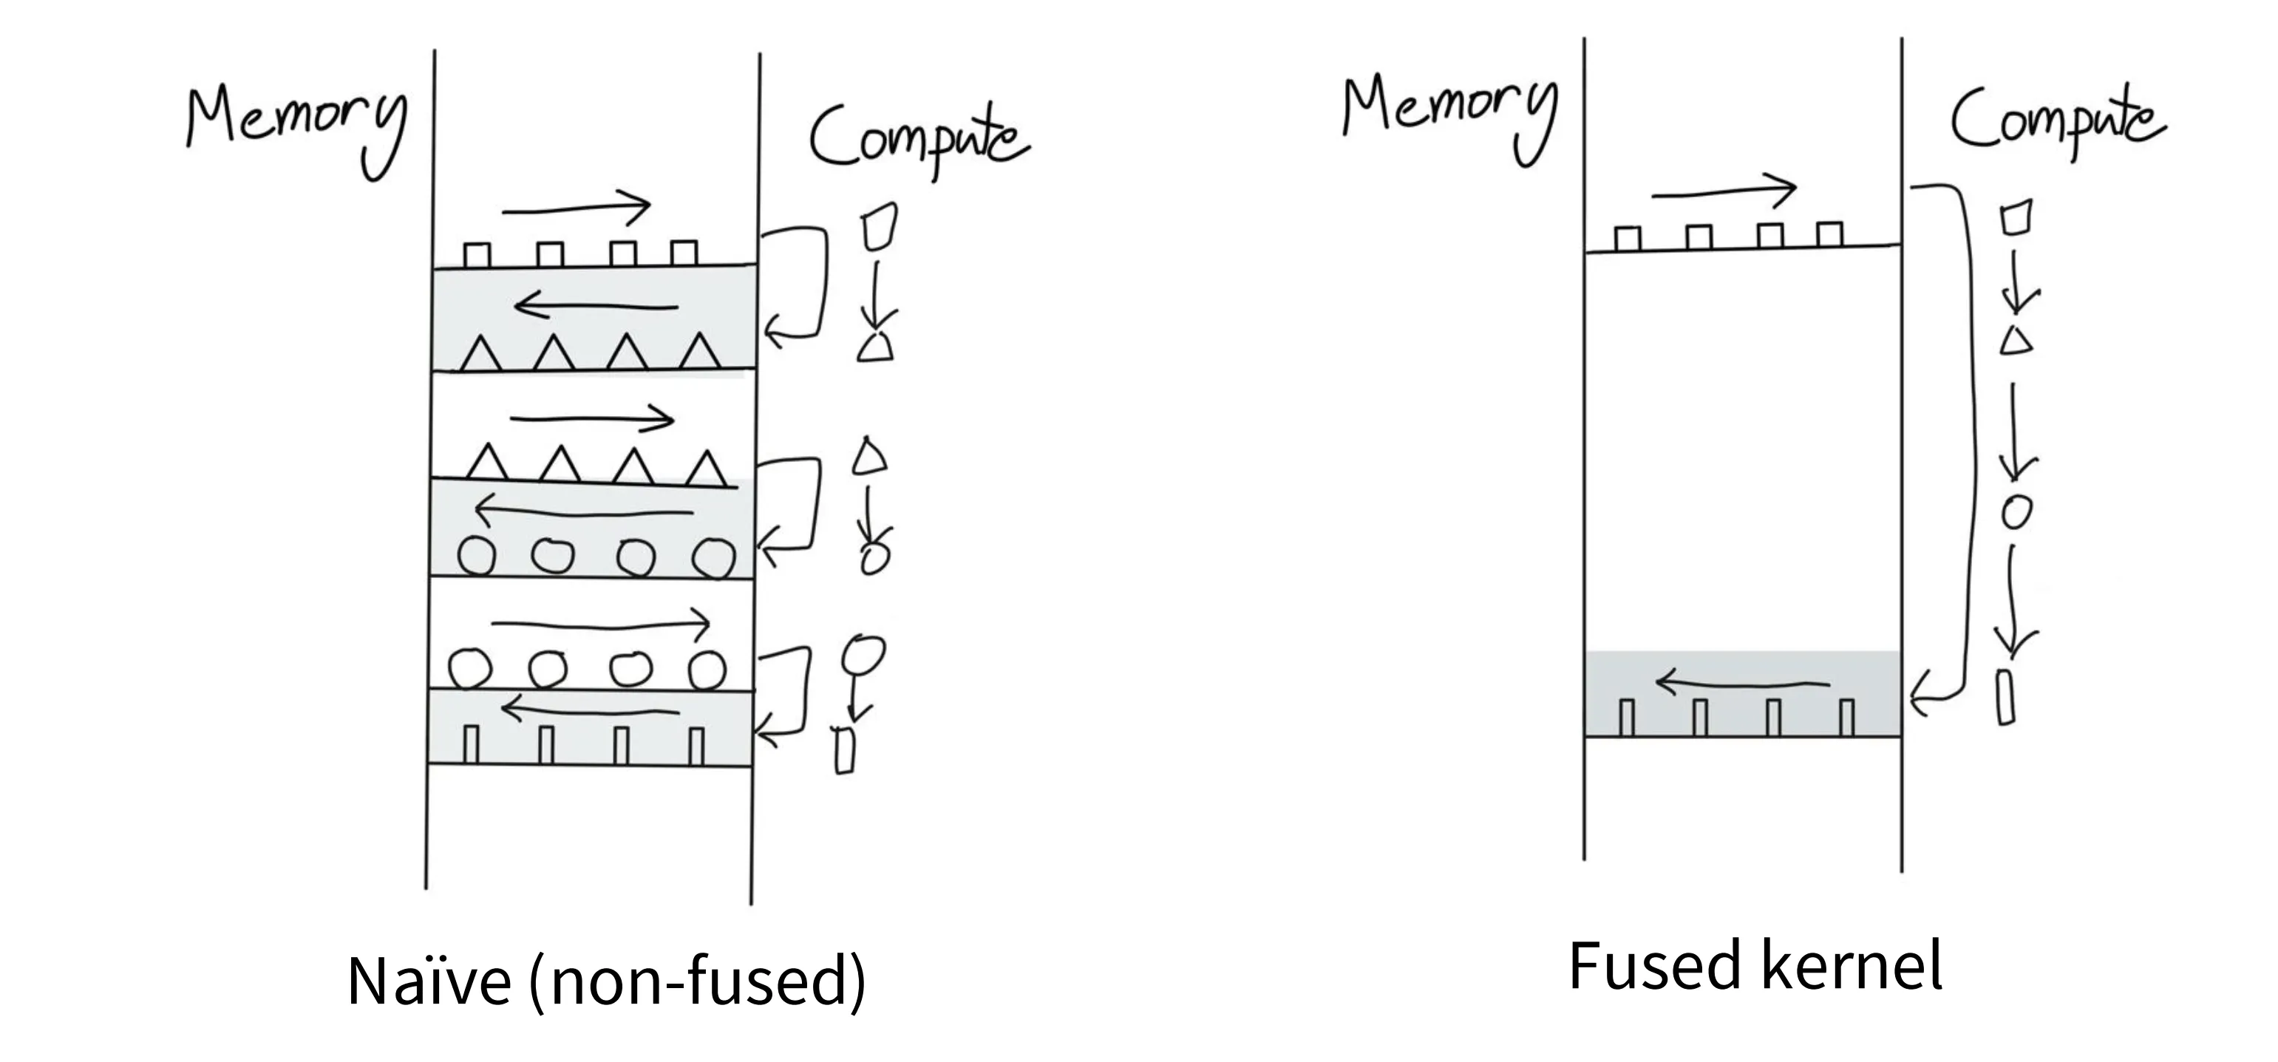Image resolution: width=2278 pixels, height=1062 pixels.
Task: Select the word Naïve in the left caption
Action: click(x=429, y=981)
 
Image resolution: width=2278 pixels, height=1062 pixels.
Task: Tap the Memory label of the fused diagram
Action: click(x=1450, y=120)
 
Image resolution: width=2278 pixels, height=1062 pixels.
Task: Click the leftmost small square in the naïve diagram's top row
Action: click(x=477, y=256)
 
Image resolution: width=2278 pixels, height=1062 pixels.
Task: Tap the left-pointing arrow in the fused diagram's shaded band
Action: click(x=1742, y=684)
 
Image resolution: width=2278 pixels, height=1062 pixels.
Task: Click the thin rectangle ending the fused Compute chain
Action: click(x=2007, y=698)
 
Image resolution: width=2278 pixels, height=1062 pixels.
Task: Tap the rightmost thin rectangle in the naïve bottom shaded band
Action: click(x=697, y=746)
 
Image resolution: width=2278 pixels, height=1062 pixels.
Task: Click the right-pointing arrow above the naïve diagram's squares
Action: click(x=576, y=208)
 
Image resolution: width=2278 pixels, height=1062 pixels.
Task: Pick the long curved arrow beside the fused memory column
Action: click(x=1968, y=442)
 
